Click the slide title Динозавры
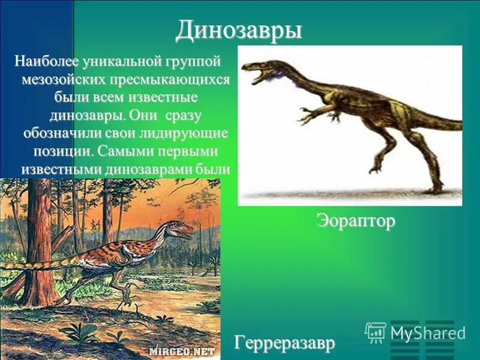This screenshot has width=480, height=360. tap(239, 31)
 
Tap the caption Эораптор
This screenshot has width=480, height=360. tap(356, 221)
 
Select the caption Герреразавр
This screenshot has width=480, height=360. tap(284, 343)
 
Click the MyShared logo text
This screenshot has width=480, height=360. tap(427, 333)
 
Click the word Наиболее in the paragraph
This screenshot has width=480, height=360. tap(40, 61)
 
